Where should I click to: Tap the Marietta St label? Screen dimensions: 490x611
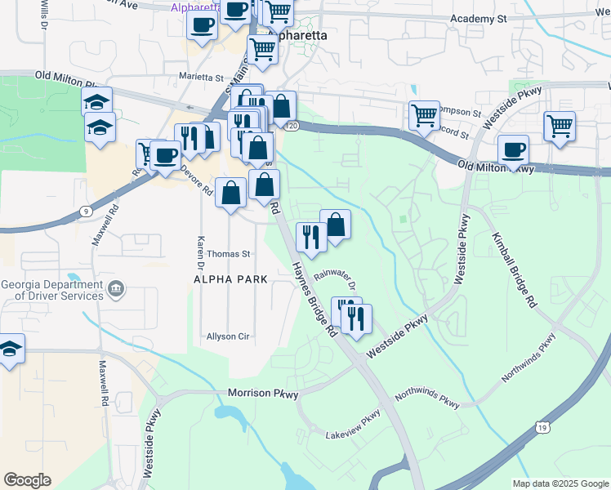click(x=202, y=78)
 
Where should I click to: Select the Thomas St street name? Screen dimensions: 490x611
click(x=228, y=254)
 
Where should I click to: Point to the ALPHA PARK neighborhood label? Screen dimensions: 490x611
click(x=230, y=279)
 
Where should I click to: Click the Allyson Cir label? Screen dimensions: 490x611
click(x=227, y=336)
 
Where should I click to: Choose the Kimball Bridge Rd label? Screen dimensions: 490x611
click(x=514, y=269)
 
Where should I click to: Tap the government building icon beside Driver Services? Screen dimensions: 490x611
click(x=116, y=288)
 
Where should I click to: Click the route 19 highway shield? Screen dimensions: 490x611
click(x=542, y=426)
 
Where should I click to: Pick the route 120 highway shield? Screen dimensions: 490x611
click(x=292, y=126)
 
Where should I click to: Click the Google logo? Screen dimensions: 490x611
click(x=27, y=480)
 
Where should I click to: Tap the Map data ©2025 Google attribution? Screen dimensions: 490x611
click(x=560, y=483)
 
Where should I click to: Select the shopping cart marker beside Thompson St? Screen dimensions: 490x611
click(x=424, y=117)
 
